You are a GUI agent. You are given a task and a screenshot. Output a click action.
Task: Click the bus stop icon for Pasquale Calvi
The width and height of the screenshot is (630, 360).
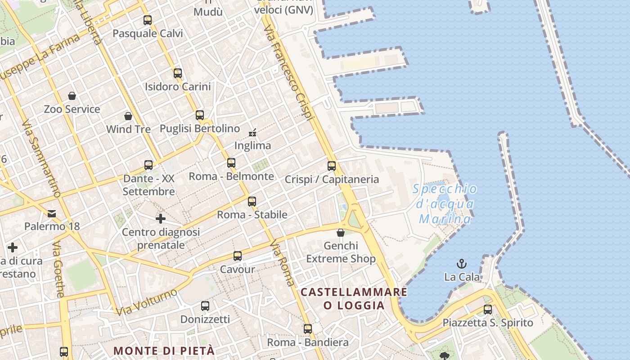[148, 20]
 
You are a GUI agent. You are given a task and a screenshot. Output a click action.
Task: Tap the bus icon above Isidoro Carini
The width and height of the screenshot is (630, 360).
[178, 73]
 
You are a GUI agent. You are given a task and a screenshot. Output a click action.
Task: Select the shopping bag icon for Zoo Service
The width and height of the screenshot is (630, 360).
[72, 96]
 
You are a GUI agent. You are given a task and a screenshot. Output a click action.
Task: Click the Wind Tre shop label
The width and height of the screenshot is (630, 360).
[128, 129]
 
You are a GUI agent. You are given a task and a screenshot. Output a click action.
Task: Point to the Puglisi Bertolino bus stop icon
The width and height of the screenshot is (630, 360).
[200, 115]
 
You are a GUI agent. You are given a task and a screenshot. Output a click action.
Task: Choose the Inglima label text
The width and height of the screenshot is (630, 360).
[252, 145]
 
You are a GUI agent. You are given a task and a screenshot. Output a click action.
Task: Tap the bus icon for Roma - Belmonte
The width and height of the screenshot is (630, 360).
[231, 163]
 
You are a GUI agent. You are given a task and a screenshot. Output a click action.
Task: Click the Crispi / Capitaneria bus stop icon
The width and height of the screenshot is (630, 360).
[332, 166]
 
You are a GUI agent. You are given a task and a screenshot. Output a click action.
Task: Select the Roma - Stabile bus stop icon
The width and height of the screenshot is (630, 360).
[252, 202]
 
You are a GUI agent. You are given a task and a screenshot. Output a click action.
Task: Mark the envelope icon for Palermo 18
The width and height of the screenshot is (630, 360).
[52, 213]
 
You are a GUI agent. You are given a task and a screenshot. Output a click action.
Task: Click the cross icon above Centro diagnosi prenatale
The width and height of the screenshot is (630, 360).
[161, 219]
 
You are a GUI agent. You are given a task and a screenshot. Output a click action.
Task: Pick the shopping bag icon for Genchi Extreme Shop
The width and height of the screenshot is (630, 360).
[341, 233]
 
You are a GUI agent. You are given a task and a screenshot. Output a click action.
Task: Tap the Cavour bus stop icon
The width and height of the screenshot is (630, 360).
[238, 256]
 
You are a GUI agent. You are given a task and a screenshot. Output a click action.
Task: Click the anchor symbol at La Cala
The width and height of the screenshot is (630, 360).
[462, 264]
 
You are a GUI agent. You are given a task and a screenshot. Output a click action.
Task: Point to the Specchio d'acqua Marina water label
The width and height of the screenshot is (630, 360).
[445, 204]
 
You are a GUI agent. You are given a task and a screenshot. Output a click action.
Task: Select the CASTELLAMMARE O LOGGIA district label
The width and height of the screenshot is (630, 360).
[354, 299]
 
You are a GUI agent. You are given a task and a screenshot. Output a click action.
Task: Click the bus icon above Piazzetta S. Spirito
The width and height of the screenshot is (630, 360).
[488, 310]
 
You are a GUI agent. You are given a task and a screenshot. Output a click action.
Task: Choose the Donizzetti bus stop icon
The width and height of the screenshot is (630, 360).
[205, 306]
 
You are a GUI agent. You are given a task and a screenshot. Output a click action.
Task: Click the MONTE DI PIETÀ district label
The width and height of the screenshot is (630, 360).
[164, 351]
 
